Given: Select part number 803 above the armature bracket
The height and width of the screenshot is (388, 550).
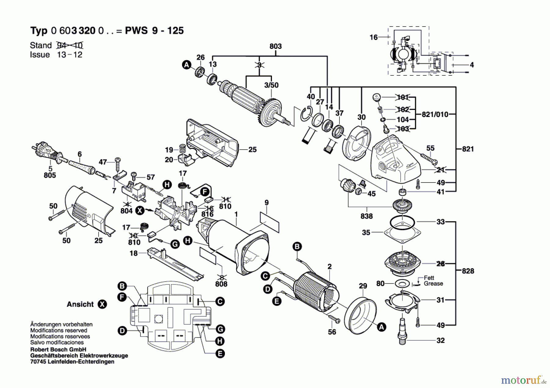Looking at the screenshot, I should (275, 46).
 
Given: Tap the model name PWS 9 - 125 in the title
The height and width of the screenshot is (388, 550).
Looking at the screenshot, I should (154, 31).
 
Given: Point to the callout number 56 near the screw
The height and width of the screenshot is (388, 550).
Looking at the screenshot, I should (332, 332).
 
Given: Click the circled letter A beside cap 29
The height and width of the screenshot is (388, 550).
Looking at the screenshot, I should (381, 327).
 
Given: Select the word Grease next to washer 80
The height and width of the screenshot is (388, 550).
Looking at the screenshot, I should (433, 284).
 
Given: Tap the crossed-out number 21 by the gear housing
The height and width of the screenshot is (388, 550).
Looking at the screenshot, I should (440, 170).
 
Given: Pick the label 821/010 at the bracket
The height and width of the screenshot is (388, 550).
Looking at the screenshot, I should (435, 114).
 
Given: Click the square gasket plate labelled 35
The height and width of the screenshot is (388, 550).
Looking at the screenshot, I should (403, 233).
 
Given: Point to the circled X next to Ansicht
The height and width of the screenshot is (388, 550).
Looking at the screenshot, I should (102, 304).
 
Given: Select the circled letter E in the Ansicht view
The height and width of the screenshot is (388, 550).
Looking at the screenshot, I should (220, 354).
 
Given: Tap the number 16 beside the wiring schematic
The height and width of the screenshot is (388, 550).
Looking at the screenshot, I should (373, 37).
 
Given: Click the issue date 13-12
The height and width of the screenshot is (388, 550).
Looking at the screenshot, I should (70, 55).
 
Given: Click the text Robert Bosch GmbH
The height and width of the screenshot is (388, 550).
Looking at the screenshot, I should (58, 350).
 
